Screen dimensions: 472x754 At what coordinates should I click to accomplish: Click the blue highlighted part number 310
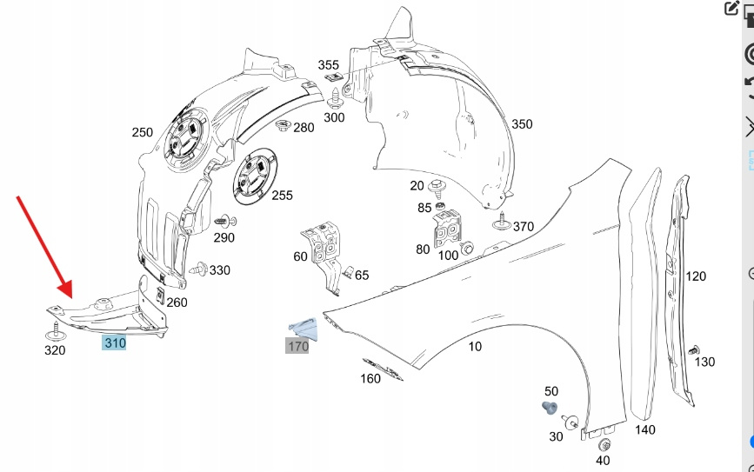click(115, 342)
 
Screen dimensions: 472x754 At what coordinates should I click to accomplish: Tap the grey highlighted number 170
click(297, 347)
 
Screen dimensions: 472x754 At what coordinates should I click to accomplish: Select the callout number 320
click(55, 351)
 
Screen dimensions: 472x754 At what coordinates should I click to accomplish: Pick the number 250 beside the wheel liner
click(142, 133)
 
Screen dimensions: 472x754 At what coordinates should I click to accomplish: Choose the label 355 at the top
click(328, 65)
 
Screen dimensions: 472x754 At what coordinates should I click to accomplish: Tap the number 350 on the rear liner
click(521, 124)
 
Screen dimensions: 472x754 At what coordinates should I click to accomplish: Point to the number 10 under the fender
click(475, 347)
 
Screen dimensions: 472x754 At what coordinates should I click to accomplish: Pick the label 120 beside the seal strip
click(696, 276)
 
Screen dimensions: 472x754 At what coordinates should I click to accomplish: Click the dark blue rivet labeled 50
click(549, 408)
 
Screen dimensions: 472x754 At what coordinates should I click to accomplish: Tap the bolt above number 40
click(603, 445)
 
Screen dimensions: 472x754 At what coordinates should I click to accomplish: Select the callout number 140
click(644, 429)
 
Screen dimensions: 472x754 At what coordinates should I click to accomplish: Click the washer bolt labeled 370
click(501, 223)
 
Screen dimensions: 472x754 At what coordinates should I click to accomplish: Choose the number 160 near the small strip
click(370, 378)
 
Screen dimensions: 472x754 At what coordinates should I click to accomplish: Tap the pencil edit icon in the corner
click(731, 9)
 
